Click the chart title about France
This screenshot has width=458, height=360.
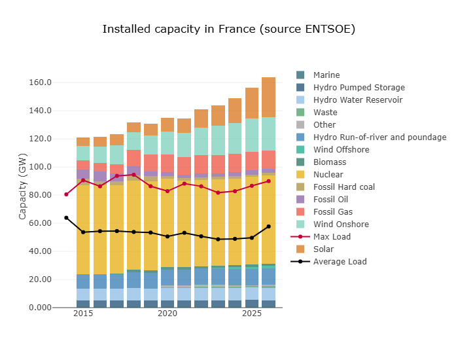coord(228,29)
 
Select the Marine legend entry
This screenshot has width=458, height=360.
coord(326,75)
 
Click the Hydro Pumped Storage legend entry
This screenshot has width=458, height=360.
coord(359,88)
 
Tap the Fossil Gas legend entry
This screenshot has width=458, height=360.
coord(332,212)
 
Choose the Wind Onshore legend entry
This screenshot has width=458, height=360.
coord(340,225)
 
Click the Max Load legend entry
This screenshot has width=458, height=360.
coord(332,237)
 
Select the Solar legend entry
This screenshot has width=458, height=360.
coord(323,249)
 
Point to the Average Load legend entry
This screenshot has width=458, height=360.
coord(340,262)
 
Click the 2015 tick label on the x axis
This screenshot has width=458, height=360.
coord(83,315)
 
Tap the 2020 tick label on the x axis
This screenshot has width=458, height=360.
coord(167,315)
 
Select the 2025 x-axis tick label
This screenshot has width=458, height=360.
coord(252,315)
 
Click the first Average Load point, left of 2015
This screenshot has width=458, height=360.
coord(66,218)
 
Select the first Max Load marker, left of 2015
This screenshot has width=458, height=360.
coord(66,194)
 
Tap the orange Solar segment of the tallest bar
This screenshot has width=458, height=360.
coord(269,98)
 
